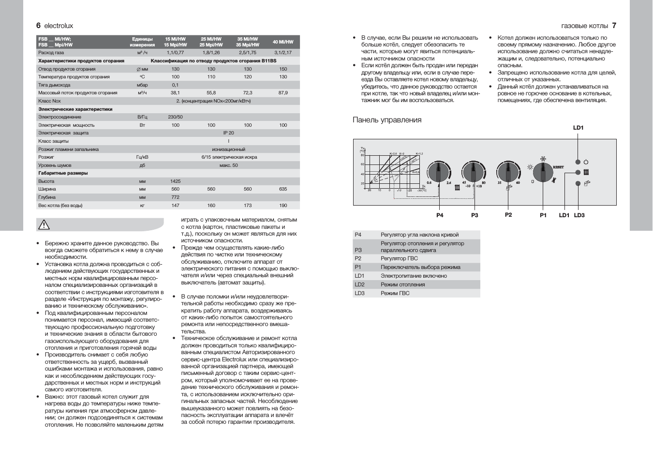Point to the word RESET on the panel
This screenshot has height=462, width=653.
coord(558,167)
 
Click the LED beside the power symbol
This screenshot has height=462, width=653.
coord(578,162)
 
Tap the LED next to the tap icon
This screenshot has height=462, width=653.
coord(578,183)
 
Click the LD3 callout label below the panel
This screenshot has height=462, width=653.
coord(579,215)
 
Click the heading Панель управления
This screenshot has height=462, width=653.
coord(387,120)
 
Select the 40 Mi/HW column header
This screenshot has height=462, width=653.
coord(283,42)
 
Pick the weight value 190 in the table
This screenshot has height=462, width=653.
coord(283,206)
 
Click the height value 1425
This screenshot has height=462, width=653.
coord(175,181)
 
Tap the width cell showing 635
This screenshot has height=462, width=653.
coord(283,189)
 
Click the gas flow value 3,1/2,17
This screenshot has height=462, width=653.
coord(283,53)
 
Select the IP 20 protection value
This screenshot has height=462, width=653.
coord(228,133)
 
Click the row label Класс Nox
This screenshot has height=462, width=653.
coord(49,101)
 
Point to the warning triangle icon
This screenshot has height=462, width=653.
coord(44,224)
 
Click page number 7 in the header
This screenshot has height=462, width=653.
coord(614,26)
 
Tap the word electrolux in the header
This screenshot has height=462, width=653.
coord(59,26)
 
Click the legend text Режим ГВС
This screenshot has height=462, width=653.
coord(395,293)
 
